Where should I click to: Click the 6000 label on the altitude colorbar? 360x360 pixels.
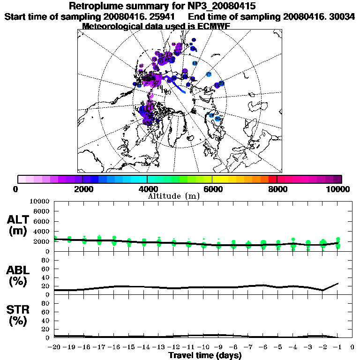click(x=212, y=189)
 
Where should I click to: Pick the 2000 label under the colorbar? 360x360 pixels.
click(x=82, y=189)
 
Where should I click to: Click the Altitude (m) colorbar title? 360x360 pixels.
click(x=174, y=196)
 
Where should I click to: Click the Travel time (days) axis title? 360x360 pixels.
click(x=205, y=355)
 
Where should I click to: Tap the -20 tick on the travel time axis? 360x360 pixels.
click(x=55, y=347)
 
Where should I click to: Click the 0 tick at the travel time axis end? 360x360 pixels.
click(x=352, y=347)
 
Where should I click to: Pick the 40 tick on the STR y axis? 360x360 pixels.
click(x=46, y=320)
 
